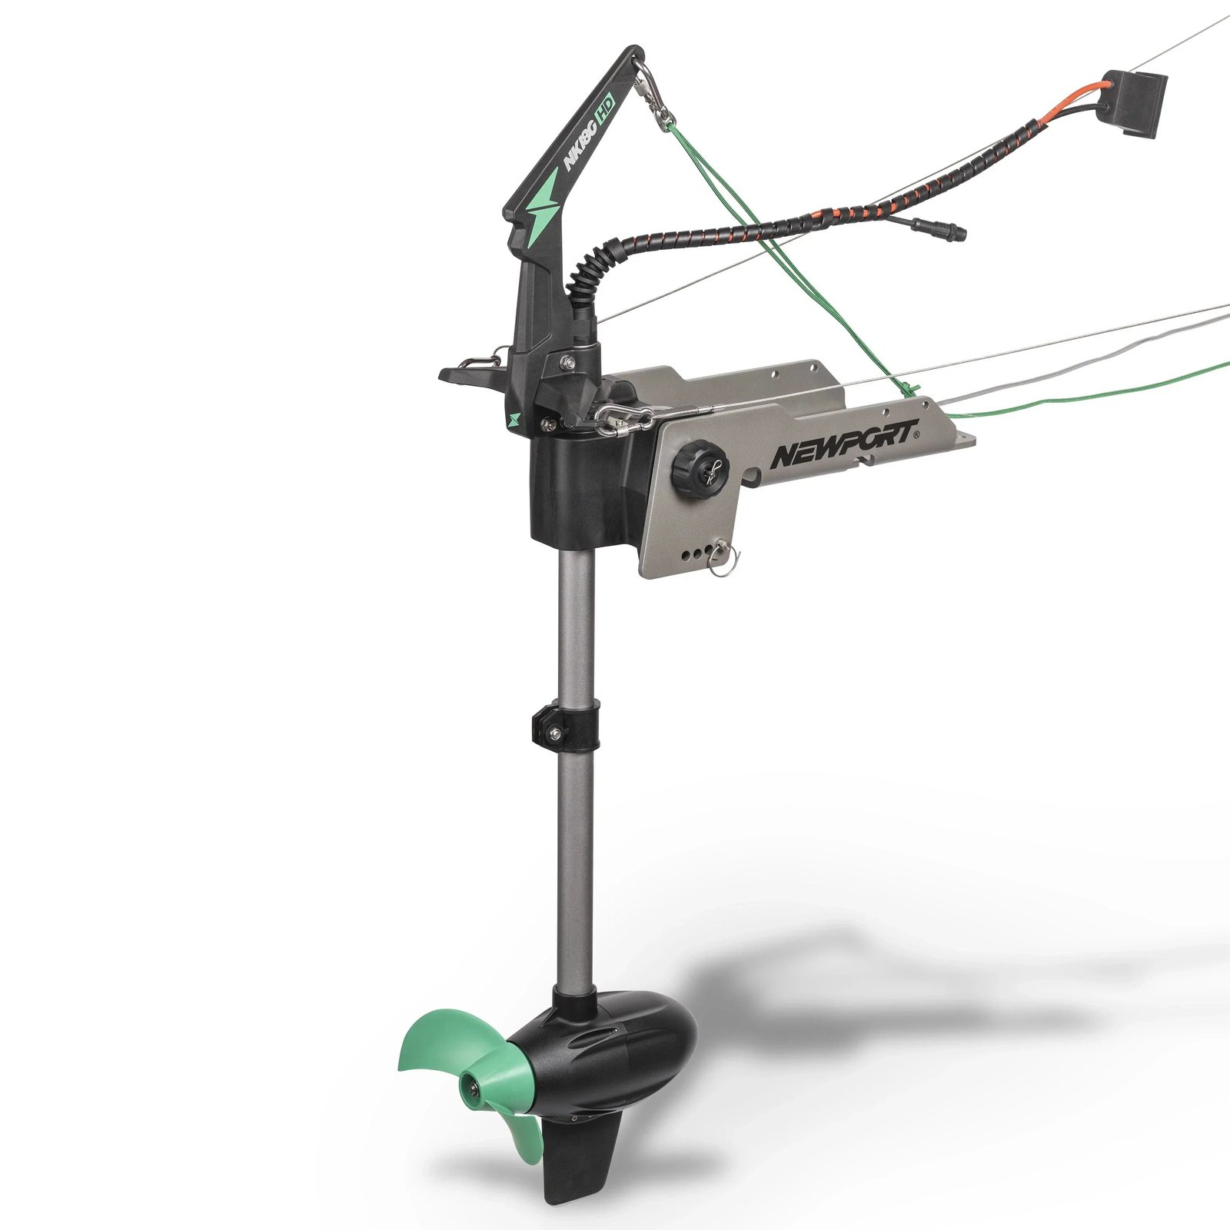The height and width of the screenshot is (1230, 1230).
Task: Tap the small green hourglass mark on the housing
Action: click(514, 420)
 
